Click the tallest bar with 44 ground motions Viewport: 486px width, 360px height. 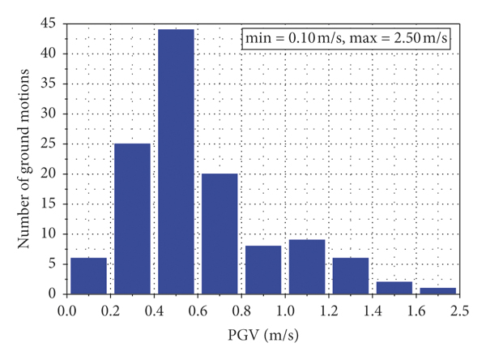(x=176, y=161)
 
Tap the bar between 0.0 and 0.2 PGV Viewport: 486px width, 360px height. (x=88, y=275)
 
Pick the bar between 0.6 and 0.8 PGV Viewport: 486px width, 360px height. (x=220, y=234)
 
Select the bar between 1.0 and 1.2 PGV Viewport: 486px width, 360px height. (x=307, y=266)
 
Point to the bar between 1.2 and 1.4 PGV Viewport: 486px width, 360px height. (x=351, y=275)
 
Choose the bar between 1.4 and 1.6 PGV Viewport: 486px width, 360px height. (x=394, y=287)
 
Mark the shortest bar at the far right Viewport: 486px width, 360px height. (x=438, y=290)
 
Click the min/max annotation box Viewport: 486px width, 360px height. (x=347, y=38)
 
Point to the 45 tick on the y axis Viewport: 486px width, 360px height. (x=50, y=24)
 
